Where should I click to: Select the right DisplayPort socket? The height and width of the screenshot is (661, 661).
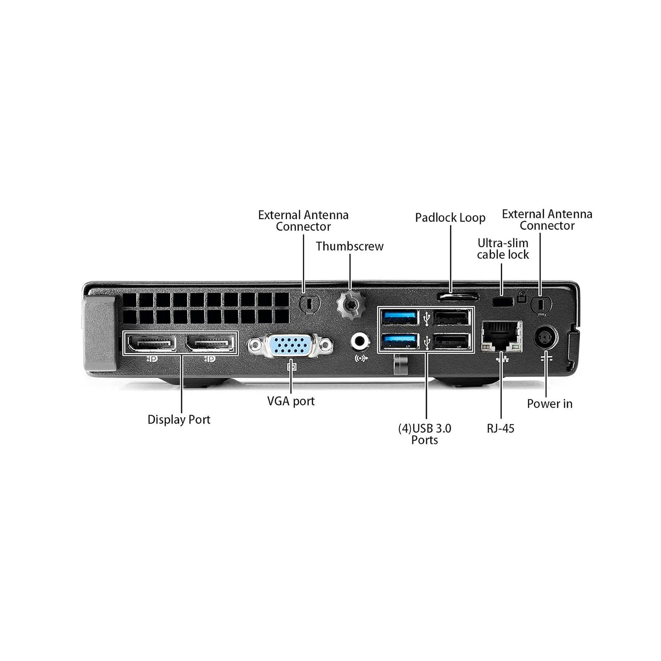tap(210, 343)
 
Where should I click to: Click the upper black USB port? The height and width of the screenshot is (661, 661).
tap(451, 317)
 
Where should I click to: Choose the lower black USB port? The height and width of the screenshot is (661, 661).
tap(451, 341)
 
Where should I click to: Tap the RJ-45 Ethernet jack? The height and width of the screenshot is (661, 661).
tap(501, 336)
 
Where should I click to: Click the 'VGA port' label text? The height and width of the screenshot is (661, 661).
tap(291, 401)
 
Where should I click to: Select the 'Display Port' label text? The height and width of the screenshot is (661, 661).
tap(179, 419)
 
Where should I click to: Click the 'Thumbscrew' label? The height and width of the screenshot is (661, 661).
tap(349, 246)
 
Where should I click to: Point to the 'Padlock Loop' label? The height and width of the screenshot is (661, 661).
tap(450, 218)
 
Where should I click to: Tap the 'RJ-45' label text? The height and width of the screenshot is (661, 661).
tap(500, 429)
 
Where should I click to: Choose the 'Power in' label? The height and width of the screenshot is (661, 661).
tap(549, 403)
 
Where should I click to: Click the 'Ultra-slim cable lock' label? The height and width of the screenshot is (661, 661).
tap(503, 249)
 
